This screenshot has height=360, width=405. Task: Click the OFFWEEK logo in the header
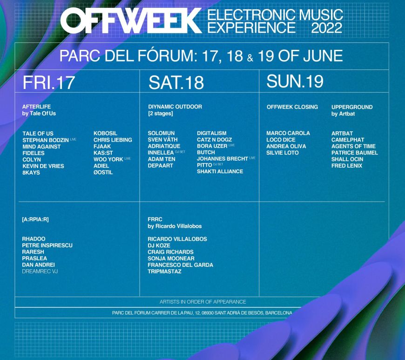click(x=131, y=20)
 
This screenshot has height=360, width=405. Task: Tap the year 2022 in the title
click(x=327, y=28)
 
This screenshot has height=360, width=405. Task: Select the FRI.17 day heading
click(x=49, y=83)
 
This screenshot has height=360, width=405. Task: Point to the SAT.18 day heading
click(x=176, y=83)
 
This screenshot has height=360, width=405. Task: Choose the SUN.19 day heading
click(x=295, y=81)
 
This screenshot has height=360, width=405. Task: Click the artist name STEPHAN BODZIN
click(x=46, y=140)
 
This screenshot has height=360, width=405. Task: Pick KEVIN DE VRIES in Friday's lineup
click(x=43, y=166)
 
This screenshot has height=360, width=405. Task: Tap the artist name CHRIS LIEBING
click(x=113, y=140)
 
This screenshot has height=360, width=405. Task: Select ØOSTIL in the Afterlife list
click(x=103, y=172)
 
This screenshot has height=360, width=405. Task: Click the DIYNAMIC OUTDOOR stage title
click(x=175, y=107)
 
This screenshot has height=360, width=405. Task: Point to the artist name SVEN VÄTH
click(x=162, y=140)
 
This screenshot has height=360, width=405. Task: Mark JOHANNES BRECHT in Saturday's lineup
click(x=223, y=159)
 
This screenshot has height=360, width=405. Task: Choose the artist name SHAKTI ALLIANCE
click(x=220, y=171)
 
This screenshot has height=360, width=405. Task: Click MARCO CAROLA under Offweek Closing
click(x=288, y=133)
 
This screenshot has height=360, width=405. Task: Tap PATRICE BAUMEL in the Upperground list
click(x=354, y=153)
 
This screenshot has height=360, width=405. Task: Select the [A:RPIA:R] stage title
click(x=35, y=219)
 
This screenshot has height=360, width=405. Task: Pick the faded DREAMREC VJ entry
click(x=40, y=272)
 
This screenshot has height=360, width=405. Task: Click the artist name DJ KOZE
click(x=159, y=245)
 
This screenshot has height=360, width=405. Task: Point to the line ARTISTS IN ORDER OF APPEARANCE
click(x=203, y=302)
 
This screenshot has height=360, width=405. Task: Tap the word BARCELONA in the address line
click(x=278, y=313)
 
